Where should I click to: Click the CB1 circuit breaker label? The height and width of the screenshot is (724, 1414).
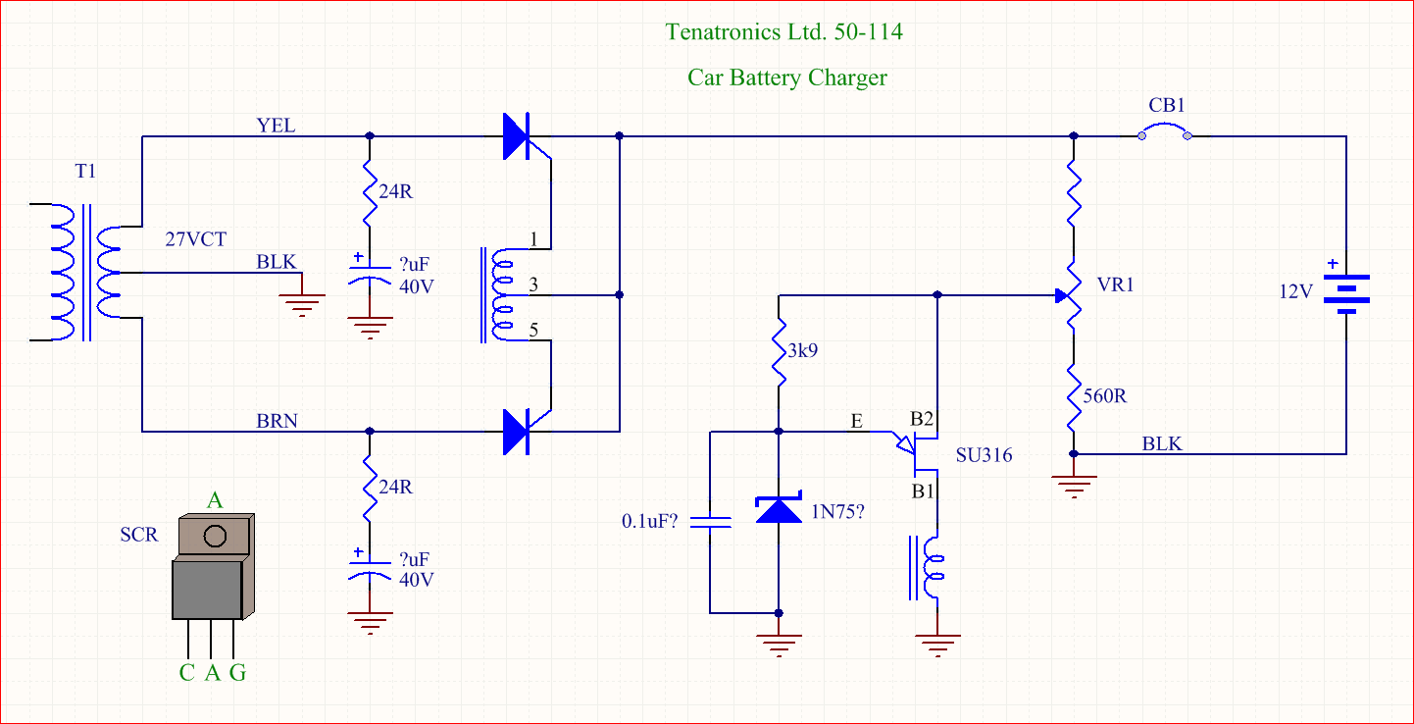point(1168,106)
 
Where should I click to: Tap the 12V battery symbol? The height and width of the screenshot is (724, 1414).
point(1345,291)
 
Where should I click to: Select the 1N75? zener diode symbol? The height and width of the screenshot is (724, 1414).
point(779,509)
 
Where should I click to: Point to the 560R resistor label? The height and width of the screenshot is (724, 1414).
point(1106,396)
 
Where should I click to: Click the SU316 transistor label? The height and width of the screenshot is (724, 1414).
point(985,455)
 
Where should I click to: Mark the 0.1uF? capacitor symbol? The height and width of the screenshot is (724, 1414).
point(711,522)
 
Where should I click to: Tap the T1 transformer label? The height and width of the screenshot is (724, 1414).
point(86,173)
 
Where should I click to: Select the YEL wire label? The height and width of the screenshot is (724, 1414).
point(276,126)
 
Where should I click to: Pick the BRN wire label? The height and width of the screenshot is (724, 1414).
point(277,421)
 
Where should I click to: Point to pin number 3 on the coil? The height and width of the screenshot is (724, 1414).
point(532,285)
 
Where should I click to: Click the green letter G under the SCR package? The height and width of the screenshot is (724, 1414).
point(237,673)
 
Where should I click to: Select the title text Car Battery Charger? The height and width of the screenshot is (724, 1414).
point(786,78)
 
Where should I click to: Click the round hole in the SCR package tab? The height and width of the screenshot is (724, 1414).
point(215,536)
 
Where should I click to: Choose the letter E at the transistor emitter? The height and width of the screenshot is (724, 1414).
point(857,421)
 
